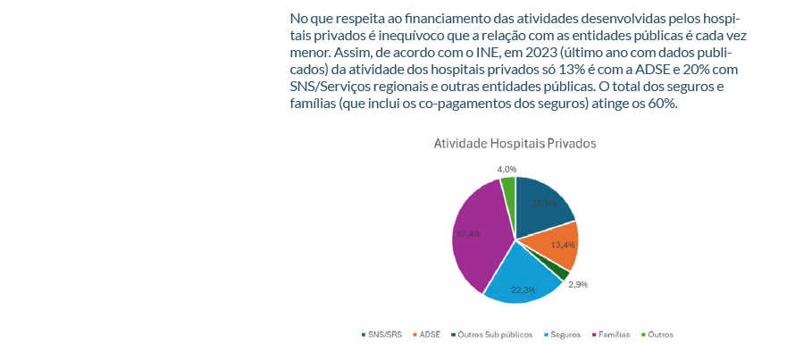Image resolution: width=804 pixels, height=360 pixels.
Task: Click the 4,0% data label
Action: pyautogui.click(x=507, y=169)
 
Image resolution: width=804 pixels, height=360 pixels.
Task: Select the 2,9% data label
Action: pyautogui.click(x=577, y=284)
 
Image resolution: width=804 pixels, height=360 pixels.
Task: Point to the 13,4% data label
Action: pyautogui.click(x=562, y=244)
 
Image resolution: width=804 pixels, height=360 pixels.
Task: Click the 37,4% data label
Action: pyautogui.click(x=468, y=233)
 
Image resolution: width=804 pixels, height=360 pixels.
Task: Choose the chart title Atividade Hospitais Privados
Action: pyautogui.click(x=515, y=143)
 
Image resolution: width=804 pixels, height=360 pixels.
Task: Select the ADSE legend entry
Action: pyautogui.click(x=429, y=334)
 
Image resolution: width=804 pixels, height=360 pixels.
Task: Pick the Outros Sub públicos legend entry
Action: pyautogui.click(x=494, y=334)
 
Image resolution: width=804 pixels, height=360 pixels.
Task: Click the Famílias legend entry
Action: pyautogui.click(x=614, y=334)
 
